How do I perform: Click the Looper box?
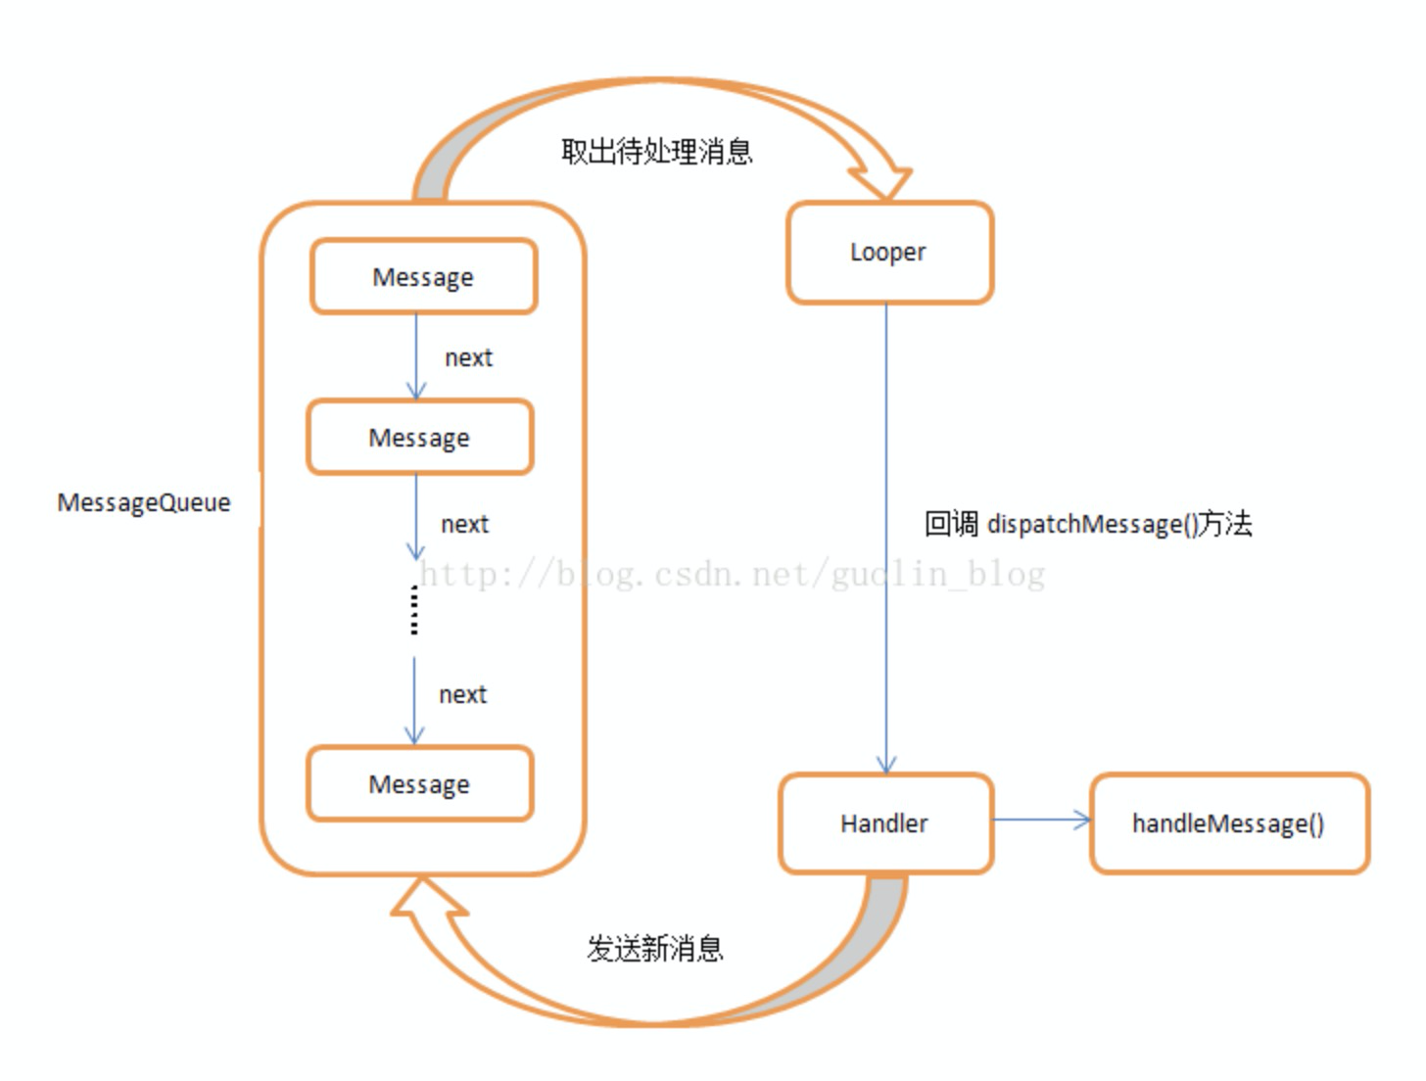pyautogui.click(x=889, y=253)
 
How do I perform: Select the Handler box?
pyautogui.click(x=885, y=823)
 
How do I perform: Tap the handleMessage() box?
pyautogui.click(x=1228, y=823)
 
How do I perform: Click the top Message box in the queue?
pyautogui.click(x=423, y=277)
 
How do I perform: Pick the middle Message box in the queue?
pyautogui.click(x=419, y=438)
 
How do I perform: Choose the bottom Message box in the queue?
pyautogui.click(x=419, y=784)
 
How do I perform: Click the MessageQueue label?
pyautogui.click(x=144, y=502)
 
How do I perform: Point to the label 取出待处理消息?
pyautogui.click(x=656, y=152)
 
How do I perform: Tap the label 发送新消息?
pyautogui.click(x=654, y=948)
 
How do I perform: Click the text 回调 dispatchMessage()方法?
pyautogui.click(x=1087, y=524)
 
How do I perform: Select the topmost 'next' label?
pyautogui.click(x=468, y=358)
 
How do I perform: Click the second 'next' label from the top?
pyautogui.click(x=464, y=525)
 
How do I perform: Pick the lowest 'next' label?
pyautogui.click(x=462, y=695)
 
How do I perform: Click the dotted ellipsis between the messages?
pyautogui.click(x=414, y=610)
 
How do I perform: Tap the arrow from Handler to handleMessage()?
pyautogui.click(x=1041, y=821)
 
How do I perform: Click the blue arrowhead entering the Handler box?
pyautogui.click(x=886, y=765)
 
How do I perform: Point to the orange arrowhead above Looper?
pyautogui.click(x=881, y=181)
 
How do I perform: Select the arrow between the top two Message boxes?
pyautogui.click(x=416, y=356)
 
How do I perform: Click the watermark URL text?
pyautogui.click(x=733, y=574)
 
